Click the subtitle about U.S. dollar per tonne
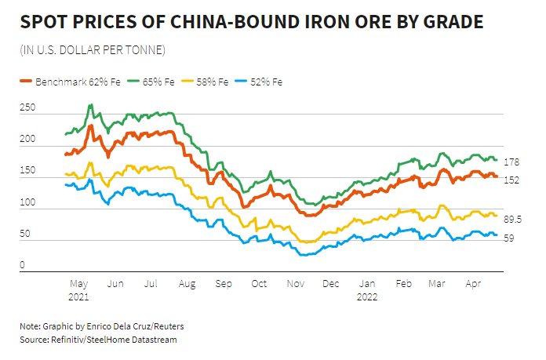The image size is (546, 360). pos(92,51)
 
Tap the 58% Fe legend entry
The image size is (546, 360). pos(206,81)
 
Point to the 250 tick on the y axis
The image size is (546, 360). pos(28,110)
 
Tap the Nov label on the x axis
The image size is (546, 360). pos(295,284)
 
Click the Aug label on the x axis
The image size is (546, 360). pos(187,284)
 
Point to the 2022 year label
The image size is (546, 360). pos(367,297)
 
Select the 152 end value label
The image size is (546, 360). pos(510,180)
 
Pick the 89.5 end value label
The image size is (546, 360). pos(512,219)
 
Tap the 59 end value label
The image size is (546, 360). pos(508,238)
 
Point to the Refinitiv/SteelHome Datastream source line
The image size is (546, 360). pos(99,339)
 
